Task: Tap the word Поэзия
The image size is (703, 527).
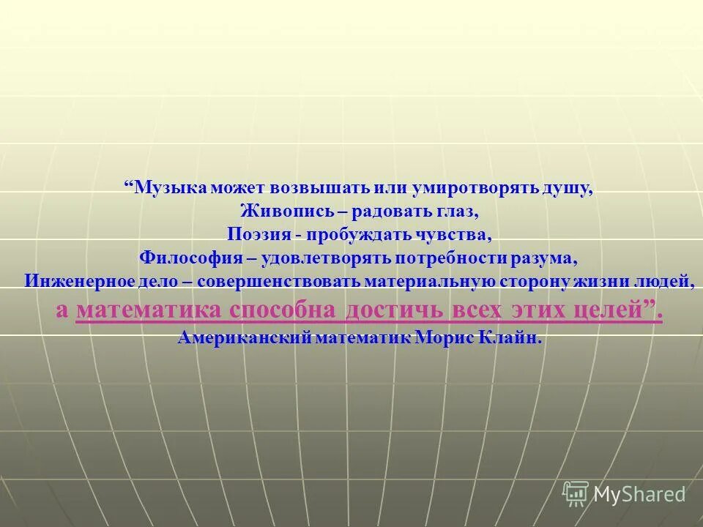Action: click(x=259, y=236)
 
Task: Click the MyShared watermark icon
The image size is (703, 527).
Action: click(x=576, y=493)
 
